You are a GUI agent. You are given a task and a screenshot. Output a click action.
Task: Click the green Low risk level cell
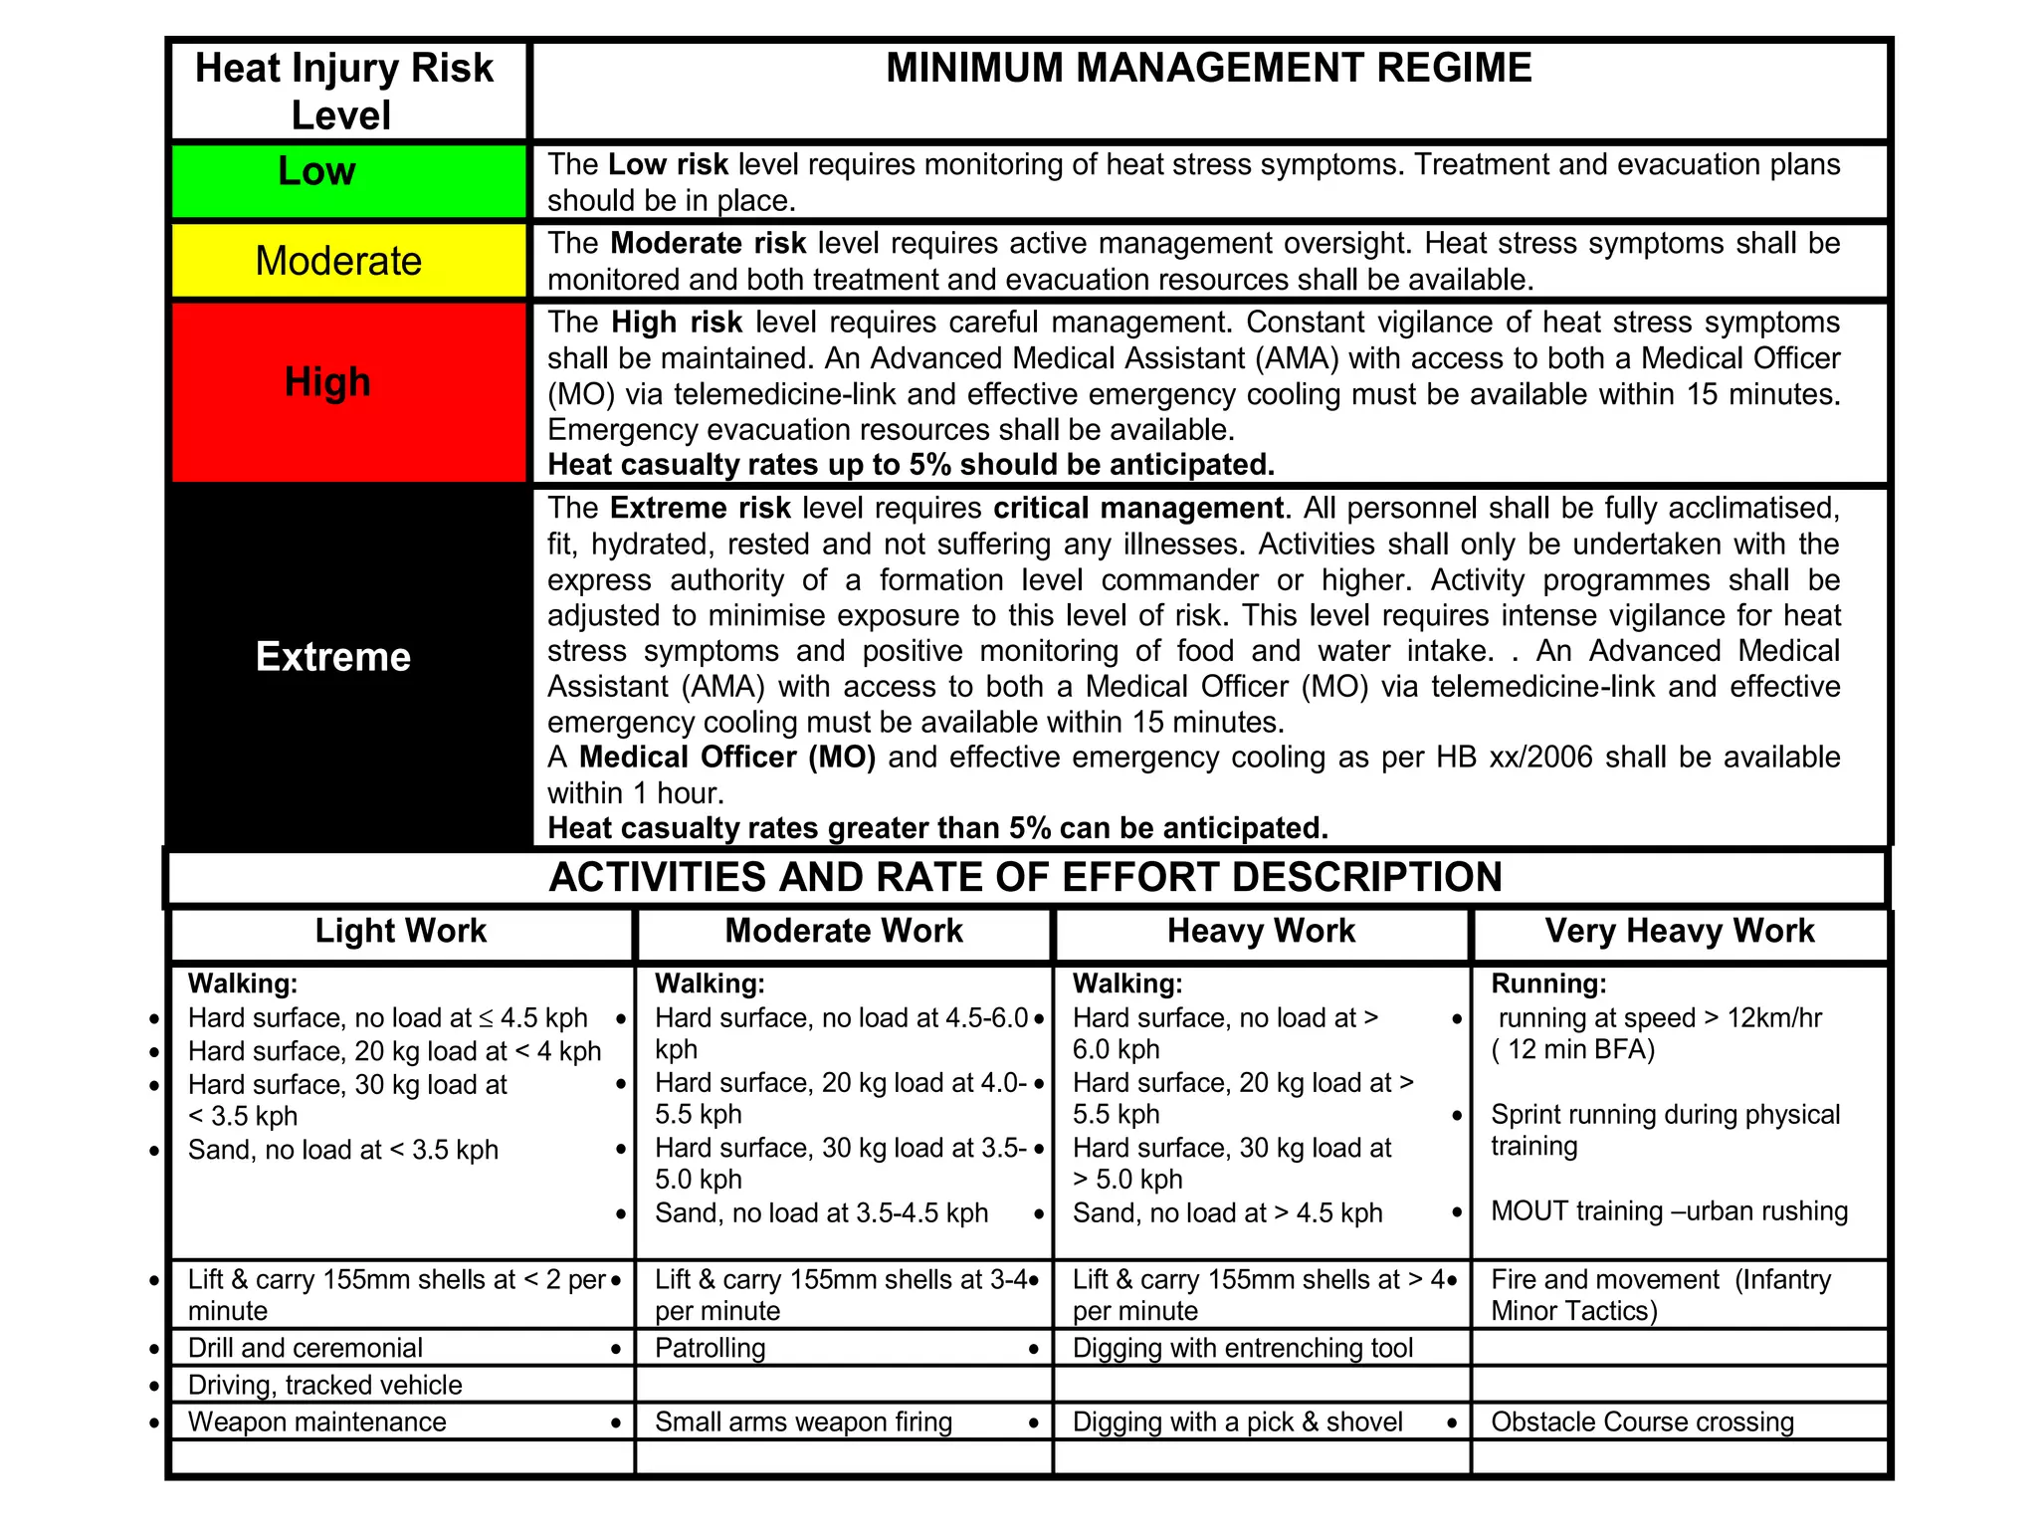click(347, 180)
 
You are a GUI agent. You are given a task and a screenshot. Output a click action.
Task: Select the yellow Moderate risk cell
click(338, 261)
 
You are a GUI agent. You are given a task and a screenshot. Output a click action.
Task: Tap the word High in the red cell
click(327, 382)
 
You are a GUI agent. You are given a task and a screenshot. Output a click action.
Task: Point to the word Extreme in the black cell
click(333, 657)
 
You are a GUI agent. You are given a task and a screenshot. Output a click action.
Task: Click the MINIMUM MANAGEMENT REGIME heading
click(1208, 68)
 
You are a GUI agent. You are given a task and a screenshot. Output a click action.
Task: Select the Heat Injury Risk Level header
click(343, 92)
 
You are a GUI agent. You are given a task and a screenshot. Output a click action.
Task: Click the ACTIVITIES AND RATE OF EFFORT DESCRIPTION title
click(1025, 877)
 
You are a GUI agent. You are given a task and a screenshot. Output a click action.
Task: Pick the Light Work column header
click(400, 931)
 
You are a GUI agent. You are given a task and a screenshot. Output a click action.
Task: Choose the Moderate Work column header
click(843, 931)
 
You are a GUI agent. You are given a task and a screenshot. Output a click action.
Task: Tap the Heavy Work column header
click(1261, 931)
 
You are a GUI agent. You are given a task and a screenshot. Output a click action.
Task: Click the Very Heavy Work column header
click(1679, 931)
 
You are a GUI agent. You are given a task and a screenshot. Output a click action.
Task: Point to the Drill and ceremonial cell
click(305, 1348)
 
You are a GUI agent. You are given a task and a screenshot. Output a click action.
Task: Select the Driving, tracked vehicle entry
click(324, 1385)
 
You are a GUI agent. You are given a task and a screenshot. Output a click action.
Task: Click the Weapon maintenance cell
click(316, 1421)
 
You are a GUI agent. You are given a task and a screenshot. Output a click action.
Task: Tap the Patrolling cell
click(710, 1348)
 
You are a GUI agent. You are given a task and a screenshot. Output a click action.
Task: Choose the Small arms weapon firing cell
click(803, 1421)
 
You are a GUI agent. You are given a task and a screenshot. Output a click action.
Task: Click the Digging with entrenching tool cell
click(1242, 1348)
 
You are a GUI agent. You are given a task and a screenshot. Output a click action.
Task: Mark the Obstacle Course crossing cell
click(1642, 1421)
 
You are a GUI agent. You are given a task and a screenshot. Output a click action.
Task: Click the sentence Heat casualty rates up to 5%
click(911, 465)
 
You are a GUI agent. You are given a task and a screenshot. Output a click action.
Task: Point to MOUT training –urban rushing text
click(1669, 1211)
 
